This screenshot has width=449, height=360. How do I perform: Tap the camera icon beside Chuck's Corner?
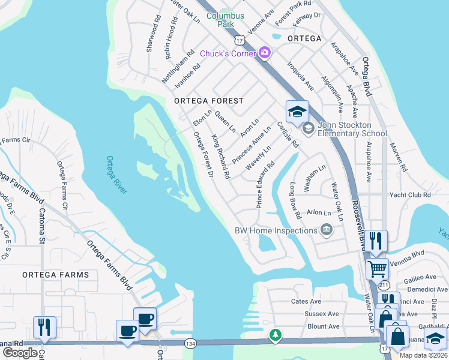265,54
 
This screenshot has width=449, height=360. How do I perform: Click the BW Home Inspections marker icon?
326,230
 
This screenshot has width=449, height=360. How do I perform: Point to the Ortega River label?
116,175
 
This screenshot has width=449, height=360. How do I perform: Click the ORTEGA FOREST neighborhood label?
209,101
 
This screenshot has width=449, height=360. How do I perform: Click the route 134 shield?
190,343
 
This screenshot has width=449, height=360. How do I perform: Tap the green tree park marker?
276,335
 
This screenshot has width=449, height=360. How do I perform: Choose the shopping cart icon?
377,268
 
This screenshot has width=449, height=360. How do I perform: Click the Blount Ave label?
323,326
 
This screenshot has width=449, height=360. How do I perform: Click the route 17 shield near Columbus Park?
240,40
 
